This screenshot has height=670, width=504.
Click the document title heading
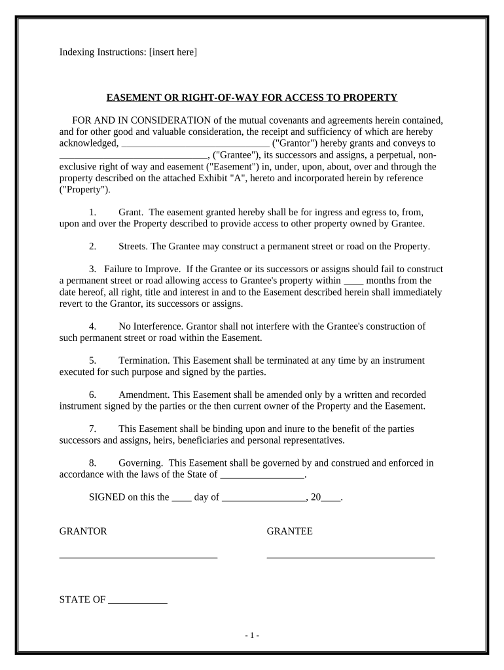click(252, 97)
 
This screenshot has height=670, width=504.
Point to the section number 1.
click(92, 212)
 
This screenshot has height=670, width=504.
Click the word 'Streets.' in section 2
click(133, 247)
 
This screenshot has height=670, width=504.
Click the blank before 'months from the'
click(353, 281)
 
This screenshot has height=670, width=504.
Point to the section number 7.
click(92, 429)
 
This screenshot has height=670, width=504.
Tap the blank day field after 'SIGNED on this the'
click(181, 497)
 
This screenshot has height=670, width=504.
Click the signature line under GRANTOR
click(138, 556)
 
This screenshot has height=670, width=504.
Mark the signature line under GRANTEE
click(350, 556)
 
